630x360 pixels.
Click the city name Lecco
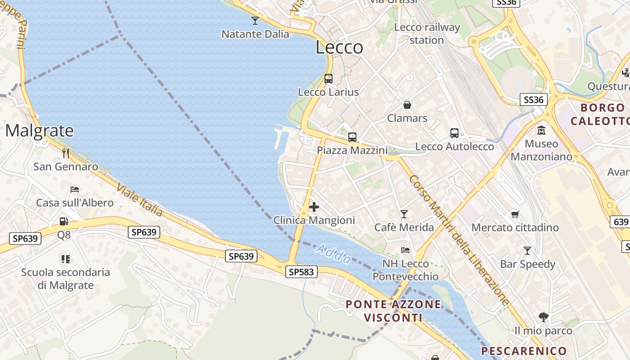339,47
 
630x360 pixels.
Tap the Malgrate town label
39,130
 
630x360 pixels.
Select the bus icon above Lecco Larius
328,79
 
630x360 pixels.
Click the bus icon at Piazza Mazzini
352,137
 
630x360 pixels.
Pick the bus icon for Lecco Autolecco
454,133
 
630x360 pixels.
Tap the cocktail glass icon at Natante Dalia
255,21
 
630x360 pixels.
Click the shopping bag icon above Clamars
407,105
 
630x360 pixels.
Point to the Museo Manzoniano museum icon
541,130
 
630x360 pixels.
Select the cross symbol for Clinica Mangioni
314,207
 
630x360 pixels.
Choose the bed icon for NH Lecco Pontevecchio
405,250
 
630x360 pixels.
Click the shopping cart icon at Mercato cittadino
515,214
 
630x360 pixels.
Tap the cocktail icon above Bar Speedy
527,251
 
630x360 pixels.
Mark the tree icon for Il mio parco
543,317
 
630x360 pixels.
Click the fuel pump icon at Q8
63,221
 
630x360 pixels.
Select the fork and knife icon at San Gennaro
66,153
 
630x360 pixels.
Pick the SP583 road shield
301,272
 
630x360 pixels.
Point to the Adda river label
333,254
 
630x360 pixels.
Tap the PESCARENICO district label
524,351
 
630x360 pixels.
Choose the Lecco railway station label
427,34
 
